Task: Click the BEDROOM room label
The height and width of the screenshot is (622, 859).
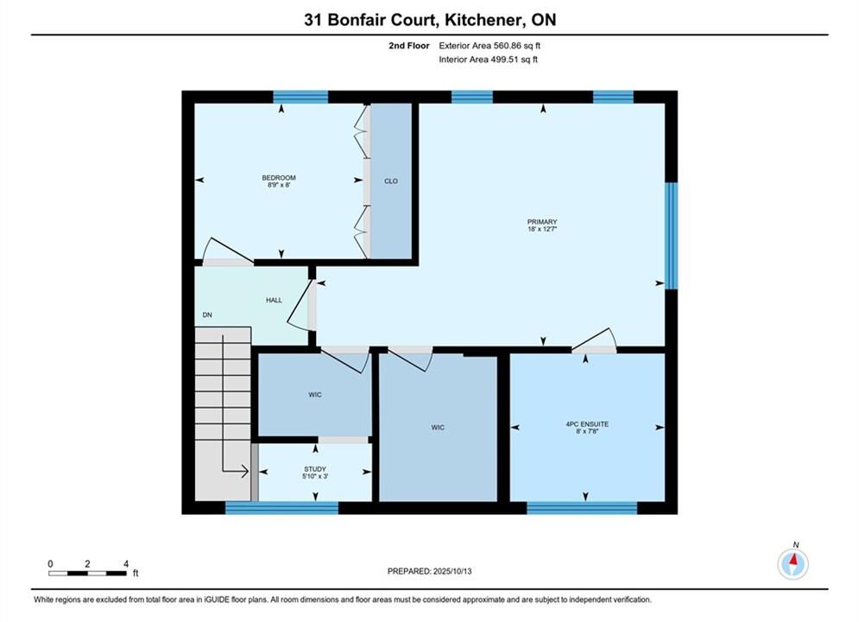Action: [x=279, y=178]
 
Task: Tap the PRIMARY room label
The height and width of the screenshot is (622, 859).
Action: [x=542, y=222]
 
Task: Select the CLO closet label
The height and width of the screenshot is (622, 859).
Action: [x=391, y=181]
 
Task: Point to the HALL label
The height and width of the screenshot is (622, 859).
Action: [x=274, y=301]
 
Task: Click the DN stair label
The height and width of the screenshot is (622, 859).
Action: [x=207, y=315]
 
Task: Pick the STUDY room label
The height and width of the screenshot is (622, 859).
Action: [x=315, y=469]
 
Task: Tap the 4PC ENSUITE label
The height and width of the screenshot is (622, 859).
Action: [x=587, y=424]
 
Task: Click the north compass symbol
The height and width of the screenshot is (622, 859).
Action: [x=793, y=563]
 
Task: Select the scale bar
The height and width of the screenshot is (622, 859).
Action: [x=88, y=574]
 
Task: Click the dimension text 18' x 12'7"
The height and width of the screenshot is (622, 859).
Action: [x=542, y=229]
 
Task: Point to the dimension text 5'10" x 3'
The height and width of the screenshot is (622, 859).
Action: [x=315, y=477]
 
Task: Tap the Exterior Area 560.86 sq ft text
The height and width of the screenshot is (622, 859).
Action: [x=490, y=46]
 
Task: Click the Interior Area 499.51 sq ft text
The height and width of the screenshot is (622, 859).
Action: [x=488, y=60]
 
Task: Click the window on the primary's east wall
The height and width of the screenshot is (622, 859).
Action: [x=671, y=236]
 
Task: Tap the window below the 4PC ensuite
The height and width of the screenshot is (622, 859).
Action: [x=582, y=508]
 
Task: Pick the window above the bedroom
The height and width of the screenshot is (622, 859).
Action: [x=300, y=97]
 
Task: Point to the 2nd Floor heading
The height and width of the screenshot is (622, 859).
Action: [x=409, y=46]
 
